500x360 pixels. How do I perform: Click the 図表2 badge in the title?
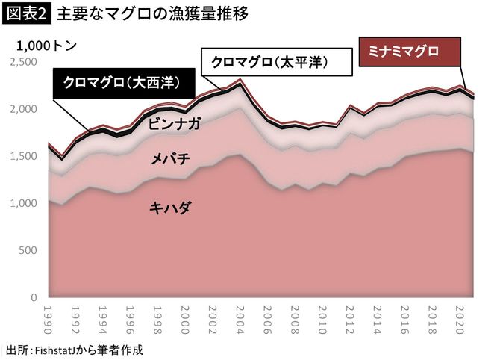click(x=27, y=13)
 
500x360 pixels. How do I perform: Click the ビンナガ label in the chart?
click(x=174, y=124)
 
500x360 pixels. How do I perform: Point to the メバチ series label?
click(x=169, y=159)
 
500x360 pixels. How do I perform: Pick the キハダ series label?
click(x=169, y=207)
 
